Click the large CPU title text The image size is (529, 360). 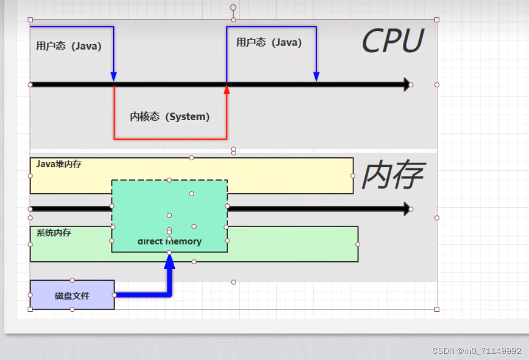(393, 41)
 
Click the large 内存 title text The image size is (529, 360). (392, 176)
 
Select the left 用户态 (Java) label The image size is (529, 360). (69, 46)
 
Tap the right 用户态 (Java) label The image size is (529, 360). (269, 43)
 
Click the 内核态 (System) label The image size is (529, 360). (170, 117)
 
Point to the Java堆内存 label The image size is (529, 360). (59, 164)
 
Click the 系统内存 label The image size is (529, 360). (54, 233)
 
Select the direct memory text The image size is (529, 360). (169, 242)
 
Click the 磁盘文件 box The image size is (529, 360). (72, 295)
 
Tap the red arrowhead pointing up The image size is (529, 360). (226, 90)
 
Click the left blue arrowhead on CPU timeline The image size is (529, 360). (114, 77)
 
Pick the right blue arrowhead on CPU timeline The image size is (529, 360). (316, 77)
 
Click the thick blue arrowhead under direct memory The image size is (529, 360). (169, 261)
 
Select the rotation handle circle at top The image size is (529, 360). (233, 8)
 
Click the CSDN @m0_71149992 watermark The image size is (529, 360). (476, 351)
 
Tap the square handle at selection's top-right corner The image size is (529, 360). (437, 20)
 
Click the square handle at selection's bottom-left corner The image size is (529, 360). (30, 309)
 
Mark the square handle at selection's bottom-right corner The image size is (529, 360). (437, 309)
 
